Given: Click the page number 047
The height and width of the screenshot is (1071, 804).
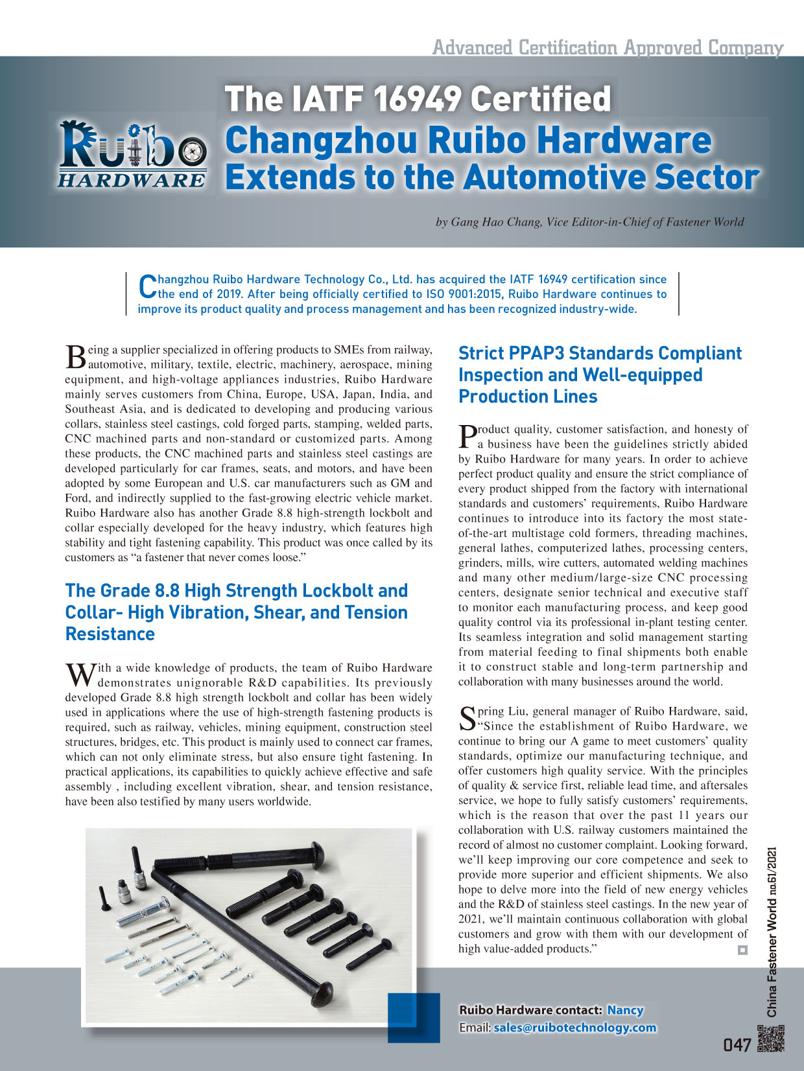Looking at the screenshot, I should coord(737,1044).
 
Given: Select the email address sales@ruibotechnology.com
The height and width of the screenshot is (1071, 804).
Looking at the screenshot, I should coord(574,1028).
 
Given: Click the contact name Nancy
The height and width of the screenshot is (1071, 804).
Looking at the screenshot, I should coord(625,1010).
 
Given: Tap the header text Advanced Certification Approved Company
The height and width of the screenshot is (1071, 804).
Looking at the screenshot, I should coord(608,47).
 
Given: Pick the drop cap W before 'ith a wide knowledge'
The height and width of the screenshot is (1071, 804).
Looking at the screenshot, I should coord(80,674).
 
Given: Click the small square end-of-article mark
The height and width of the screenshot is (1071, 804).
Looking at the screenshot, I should coord(742,950).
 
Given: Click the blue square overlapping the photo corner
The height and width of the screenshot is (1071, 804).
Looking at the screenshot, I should coord(413,1017).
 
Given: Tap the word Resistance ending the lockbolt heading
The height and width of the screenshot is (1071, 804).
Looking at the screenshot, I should coord(110,634).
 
